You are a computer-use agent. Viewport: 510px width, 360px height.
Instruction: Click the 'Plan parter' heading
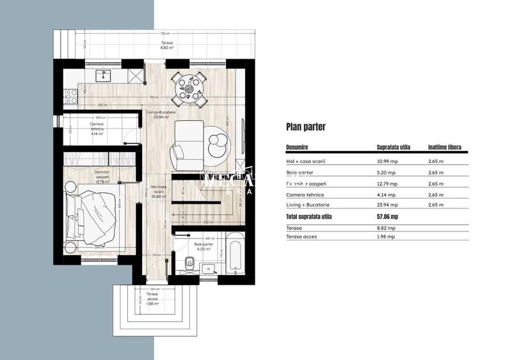click(x=306, y=127)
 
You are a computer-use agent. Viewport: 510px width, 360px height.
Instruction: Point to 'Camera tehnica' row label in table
click(x=305, y=194)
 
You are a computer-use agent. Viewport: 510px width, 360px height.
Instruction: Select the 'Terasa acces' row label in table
click(x=301, y=237)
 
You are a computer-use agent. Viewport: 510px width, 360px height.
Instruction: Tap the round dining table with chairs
click(x=190, y=88)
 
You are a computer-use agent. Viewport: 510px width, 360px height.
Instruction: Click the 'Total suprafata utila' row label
click(x=309, y=216)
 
